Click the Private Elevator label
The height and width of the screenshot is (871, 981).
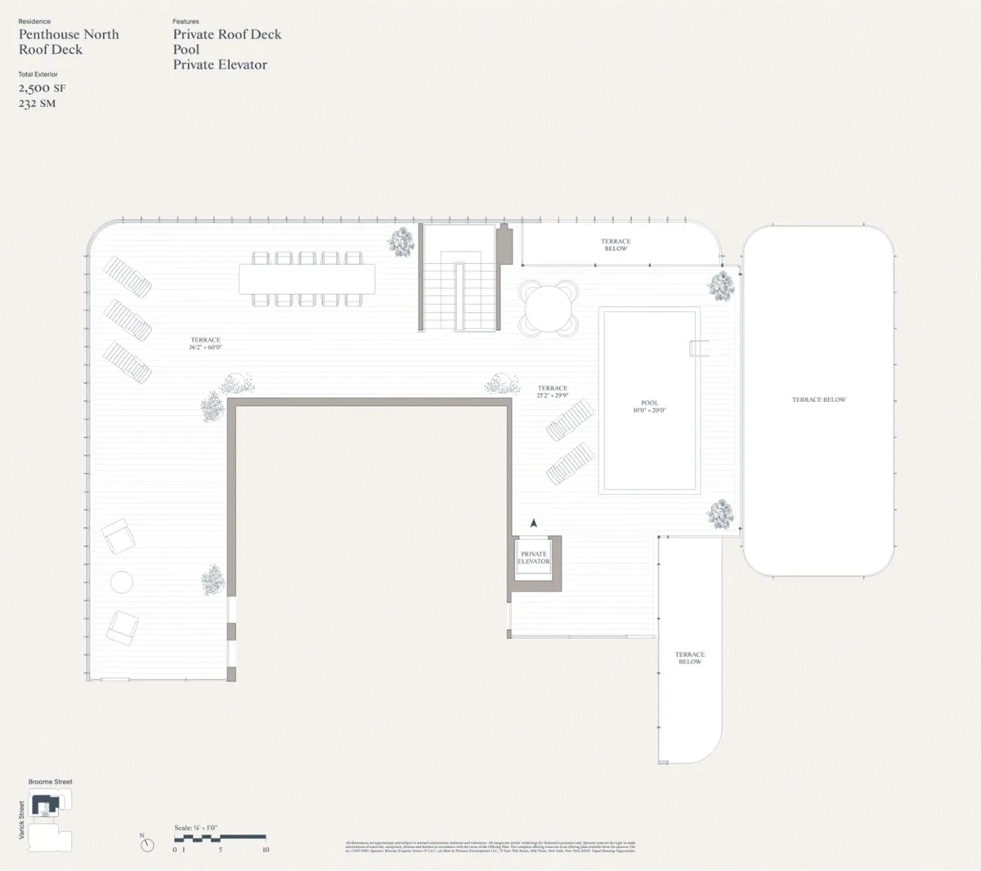534,558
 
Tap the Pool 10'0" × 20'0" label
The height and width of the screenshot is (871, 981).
649,406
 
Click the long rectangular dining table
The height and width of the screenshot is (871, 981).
307,279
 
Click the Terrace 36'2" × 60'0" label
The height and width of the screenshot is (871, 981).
205,343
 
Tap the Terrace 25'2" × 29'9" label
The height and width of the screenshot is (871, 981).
553,392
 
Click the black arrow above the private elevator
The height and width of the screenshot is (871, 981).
534,523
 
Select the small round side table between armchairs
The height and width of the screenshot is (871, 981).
121,582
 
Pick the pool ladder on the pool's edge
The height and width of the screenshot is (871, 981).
699,348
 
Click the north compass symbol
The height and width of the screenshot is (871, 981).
146,843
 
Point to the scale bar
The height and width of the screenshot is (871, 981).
220,837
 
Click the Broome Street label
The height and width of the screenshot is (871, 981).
51,782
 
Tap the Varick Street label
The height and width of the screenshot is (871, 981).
22,820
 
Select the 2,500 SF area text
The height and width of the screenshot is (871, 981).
42,88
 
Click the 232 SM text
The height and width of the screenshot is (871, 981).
37,104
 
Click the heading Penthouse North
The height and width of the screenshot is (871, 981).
69,34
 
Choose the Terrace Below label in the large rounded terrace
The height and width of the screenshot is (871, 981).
818,400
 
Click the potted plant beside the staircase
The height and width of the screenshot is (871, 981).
401,241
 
